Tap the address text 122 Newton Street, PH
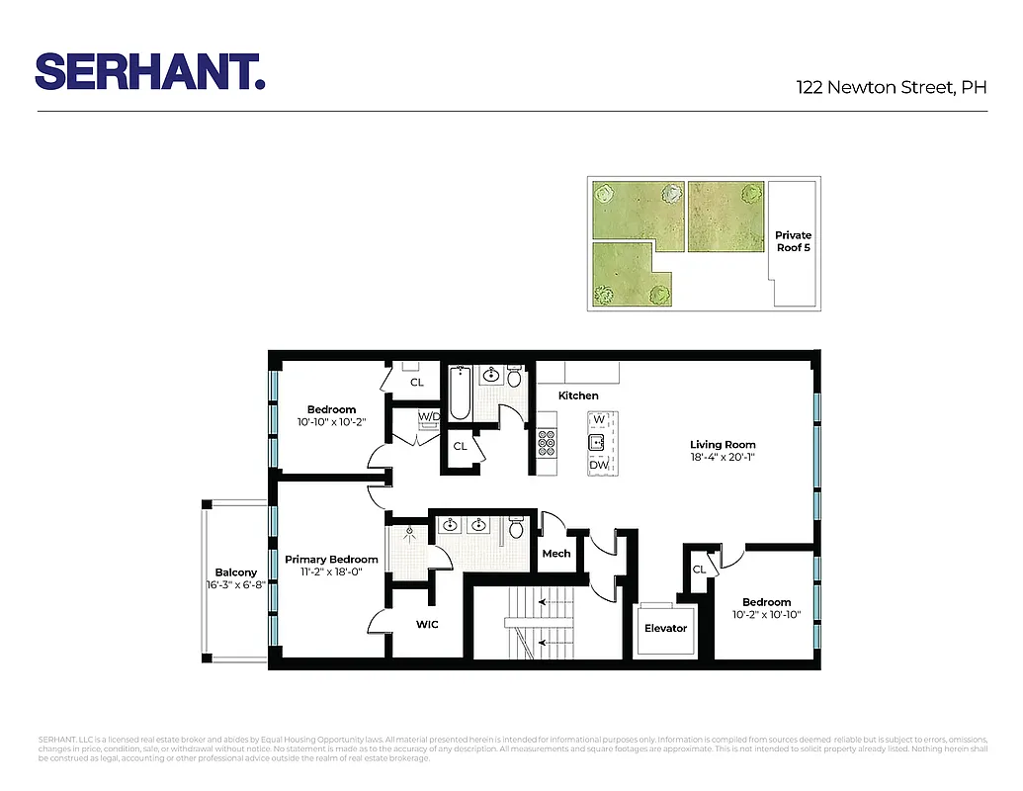892,87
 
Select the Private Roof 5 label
793,241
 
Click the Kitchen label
578,395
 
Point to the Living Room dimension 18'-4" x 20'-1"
723,457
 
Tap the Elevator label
665,628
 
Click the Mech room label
556,554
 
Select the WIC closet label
426,624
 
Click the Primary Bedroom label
331,560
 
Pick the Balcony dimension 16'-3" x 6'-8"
235,584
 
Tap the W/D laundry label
429,416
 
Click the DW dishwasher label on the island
598,465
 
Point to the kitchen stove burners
547,442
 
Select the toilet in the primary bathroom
515,529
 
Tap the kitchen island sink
597,442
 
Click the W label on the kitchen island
598,420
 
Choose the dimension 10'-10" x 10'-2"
331,422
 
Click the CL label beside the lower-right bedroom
699,570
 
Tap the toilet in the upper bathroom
514,378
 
